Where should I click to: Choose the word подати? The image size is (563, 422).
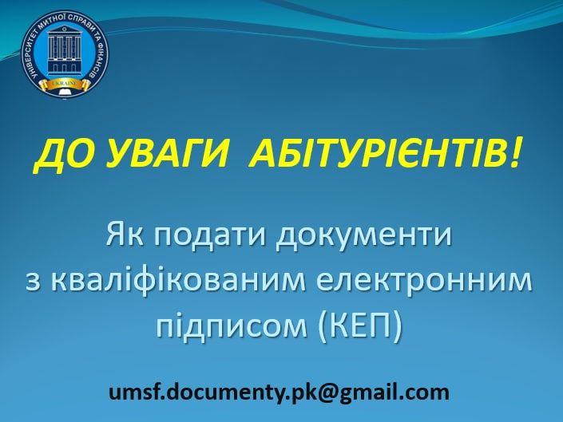click(x=209, y=236)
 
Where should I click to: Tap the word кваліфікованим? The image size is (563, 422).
click(x=180, y=282)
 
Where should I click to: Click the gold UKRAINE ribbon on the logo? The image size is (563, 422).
click(x=65, y=85)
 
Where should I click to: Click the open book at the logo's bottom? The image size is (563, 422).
click(x=65, y=93)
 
